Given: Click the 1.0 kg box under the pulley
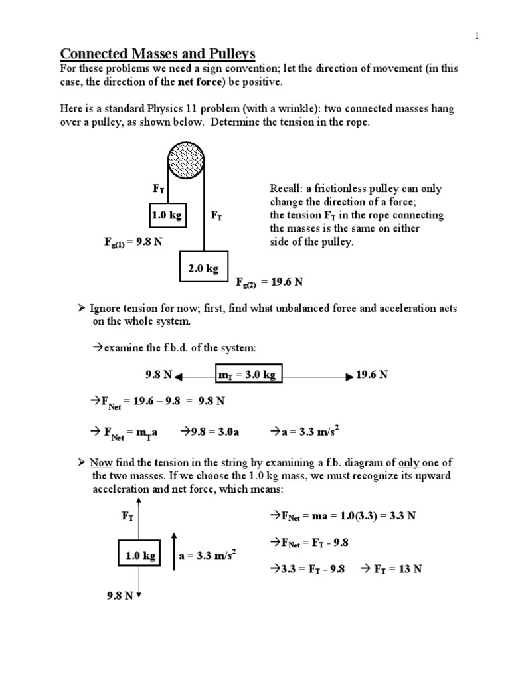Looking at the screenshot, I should tap(166, 216).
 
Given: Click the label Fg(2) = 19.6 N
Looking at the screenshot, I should tap(270, 282).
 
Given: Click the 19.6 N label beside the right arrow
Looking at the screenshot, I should tap(372, 375).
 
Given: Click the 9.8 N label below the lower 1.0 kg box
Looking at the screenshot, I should tap(120, 596).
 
